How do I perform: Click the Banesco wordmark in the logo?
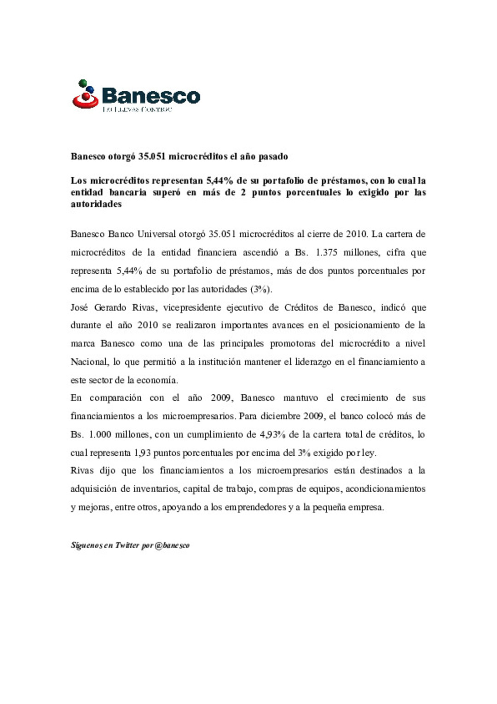(x=151, y=96)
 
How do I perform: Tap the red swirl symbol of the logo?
(x=85, y=100)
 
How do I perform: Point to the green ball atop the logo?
(x=83, y=83)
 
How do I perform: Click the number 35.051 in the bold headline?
(x=151, y=157)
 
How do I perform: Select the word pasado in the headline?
(x=273, y=157)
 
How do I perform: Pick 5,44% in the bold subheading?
(x=220, y=181)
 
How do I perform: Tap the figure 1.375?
(x=326, y=252)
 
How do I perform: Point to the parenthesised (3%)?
(x=261, y=289)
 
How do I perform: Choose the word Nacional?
(x=89, y=362)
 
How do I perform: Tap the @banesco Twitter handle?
(x=172, y=545)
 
